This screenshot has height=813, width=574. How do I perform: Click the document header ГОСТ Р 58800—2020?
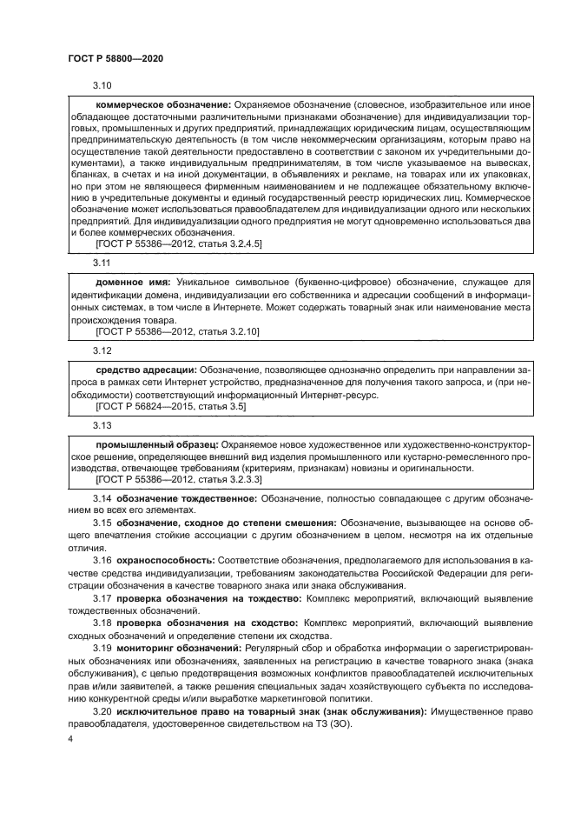coord(115,57)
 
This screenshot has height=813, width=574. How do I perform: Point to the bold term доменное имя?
coord(132,283)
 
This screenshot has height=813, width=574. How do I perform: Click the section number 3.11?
coord(102,262)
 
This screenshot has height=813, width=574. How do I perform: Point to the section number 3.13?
coord(102,424)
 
